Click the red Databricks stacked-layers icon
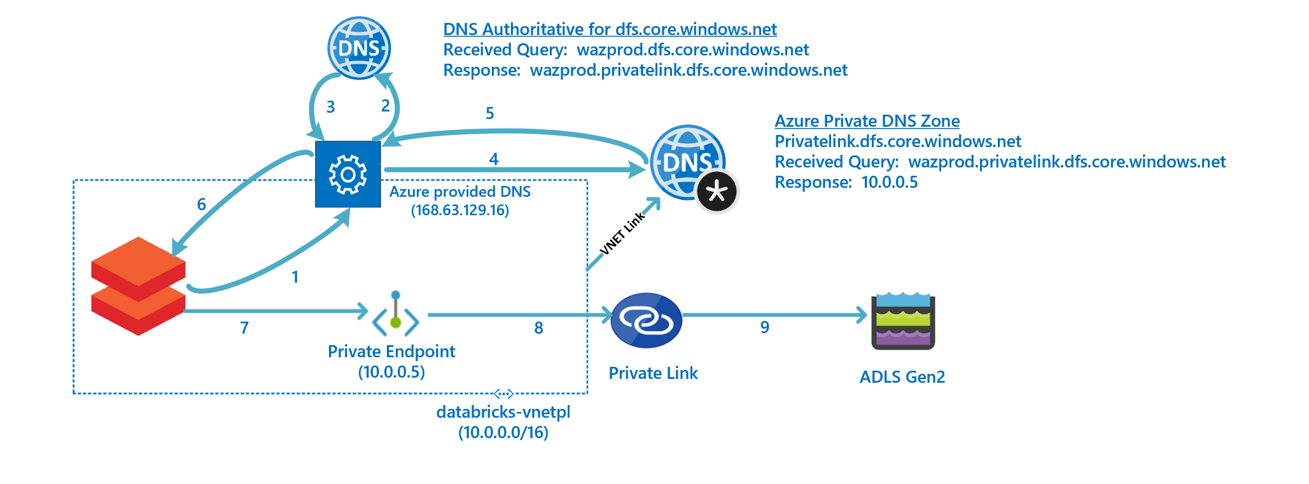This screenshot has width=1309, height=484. [x=138, y=286]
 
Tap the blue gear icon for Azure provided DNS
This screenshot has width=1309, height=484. [x=347, y=174]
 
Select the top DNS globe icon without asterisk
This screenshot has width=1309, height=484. [x=359, y=48]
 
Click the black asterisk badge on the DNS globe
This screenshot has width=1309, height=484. [x=717, y=191]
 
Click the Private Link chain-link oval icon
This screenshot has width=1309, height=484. [x=646, y=320]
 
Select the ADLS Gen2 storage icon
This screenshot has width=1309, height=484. [x=902, y=321]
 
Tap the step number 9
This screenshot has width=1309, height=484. [x=765, y=327]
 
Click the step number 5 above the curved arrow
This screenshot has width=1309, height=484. [x=489, y=113]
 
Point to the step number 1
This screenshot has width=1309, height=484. [x=295, y=277]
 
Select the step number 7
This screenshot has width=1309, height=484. [x=244, y=328]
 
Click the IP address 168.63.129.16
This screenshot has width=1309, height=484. [x=459, y=210]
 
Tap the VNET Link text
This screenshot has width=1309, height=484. [x=623, y=233]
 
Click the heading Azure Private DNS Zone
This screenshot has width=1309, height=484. [x=867, y=121]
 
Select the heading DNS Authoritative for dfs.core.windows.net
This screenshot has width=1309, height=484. [x=610, y=29]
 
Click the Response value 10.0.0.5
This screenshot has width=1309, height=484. [x=889, y=182]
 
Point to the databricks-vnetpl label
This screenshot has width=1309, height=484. [x=503, y=412]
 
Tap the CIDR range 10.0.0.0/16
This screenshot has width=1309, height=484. [x=503, y=432]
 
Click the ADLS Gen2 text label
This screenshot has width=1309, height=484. [x=902, y=377]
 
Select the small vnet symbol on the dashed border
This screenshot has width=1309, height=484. [x=503, y=394]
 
